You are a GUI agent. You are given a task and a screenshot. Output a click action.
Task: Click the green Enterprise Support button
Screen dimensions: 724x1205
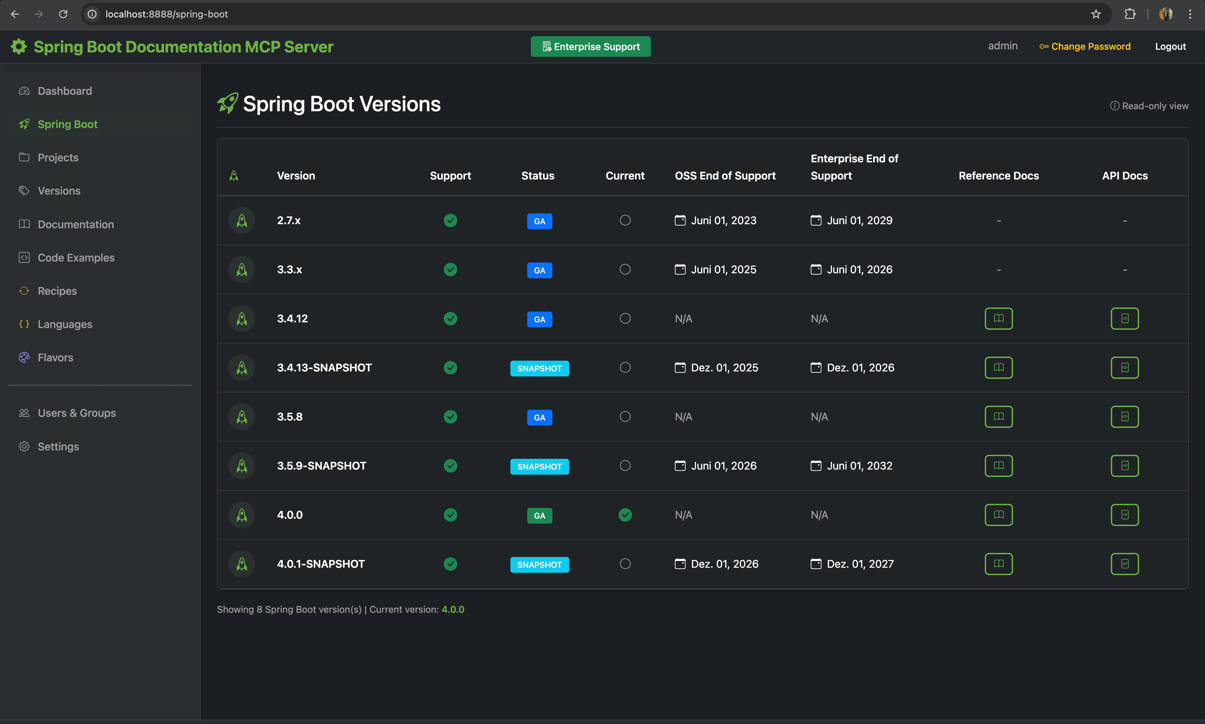[x=590, y=46]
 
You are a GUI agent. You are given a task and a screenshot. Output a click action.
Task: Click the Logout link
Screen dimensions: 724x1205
[x=1170, y=46]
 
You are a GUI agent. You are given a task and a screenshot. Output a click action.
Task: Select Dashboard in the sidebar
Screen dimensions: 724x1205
[x=65, y=91]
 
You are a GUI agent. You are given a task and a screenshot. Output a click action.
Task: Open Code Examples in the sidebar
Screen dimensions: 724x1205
[x=76, y=257]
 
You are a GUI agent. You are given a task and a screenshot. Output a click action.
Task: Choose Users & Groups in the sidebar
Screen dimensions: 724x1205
[x=77, y=413]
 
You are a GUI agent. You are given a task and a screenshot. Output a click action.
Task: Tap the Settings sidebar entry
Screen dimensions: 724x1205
[x=58, y=446]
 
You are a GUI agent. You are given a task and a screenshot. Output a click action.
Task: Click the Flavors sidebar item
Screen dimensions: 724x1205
[x=55, y=358]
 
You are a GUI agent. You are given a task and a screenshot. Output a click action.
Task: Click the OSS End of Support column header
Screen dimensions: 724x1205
[x=725, y=176]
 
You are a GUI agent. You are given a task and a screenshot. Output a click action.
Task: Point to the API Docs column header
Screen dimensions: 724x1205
[x=1125, y=176]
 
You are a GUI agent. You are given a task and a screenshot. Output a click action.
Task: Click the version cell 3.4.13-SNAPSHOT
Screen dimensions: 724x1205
[x=324, y=367]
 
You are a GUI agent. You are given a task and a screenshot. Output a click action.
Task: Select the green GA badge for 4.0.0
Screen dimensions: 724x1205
[x=539, y=515]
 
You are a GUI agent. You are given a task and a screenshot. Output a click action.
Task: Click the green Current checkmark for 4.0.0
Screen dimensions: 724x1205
[x=625, y=515]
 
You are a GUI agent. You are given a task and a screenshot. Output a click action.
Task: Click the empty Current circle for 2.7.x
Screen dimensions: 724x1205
[x=625, y=220]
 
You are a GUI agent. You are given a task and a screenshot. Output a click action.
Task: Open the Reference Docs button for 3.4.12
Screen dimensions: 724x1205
[x=998, y=319]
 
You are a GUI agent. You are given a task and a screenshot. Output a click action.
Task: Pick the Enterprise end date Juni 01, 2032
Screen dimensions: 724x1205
[x=859, y=466]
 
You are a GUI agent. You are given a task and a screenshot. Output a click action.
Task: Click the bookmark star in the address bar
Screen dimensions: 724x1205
[x=1096, y=14]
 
